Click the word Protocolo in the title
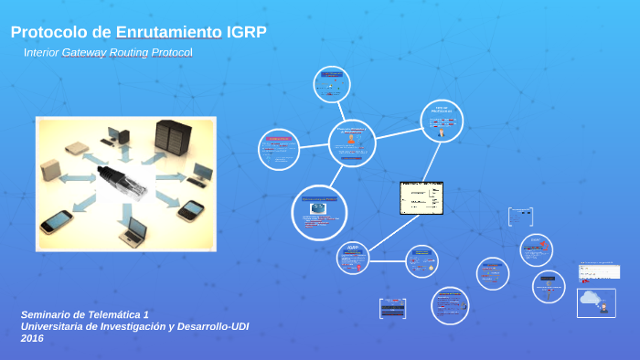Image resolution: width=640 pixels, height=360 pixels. click(46, 33)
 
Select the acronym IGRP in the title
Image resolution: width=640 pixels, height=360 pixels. click(247, 33)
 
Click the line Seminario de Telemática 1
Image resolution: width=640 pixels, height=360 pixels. click(84, 314)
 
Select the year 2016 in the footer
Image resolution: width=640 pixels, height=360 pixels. click(32, 338)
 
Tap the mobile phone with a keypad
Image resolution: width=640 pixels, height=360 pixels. click(191, 209)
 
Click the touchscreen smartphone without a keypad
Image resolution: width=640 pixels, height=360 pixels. click(56, 221)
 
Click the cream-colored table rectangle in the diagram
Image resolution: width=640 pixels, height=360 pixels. click(421, 197)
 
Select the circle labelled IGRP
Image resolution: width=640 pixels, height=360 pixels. click(353, 259)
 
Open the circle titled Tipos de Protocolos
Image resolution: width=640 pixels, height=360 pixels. click(442, 121)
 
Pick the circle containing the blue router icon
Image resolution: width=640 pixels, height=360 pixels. click(319, 212)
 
